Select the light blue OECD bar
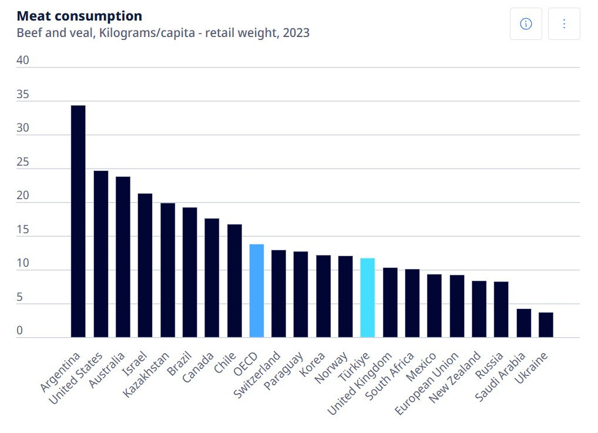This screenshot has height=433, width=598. click(x=256, y=291)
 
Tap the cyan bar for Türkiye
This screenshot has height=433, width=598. click(x=367, y=298)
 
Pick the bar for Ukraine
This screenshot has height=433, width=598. click(x=546, y=325)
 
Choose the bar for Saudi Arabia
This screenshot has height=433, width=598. click(x=524, y=323)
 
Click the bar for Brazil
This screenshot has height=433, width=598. click(x=190, y=273)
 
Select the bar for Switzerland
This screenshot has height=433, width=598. click(x=278, y=294)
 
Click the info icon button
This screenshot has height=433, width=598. click(x=526, y=24)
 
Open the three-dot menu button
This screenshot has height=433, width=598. click(x=564, y=24)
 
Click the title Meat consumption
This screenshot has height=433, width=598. click(x=79, y=16)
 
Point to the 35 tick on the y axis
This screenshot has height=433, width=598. click(x=23, y=95)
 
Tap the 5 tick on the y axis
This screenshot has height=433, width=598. click(x=19, y=298)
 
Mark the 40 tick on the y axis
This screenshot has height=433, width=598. click(x=23, y=61)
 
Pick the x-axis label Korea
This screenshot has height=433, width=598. click(x=313, y=366)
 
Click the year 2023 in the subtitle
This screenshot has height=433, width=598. click(x=296, y=33)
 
